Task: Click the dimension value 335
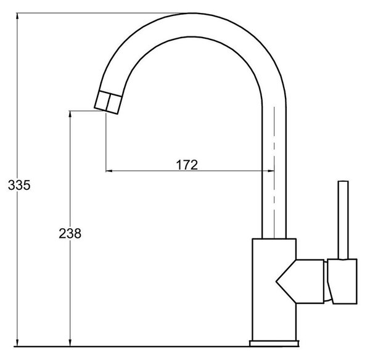coord(19,185)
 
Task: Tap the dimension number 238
coord(70,234)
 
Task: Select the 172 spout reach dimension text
coord(187,165)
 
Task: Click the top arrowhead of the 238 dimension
coord(70,115)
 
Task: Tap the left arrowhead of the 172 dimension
coord(110,171)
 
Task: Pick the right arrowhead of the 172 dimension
coord(270,171)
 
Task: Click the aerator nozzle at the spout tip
coord(108,102)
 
